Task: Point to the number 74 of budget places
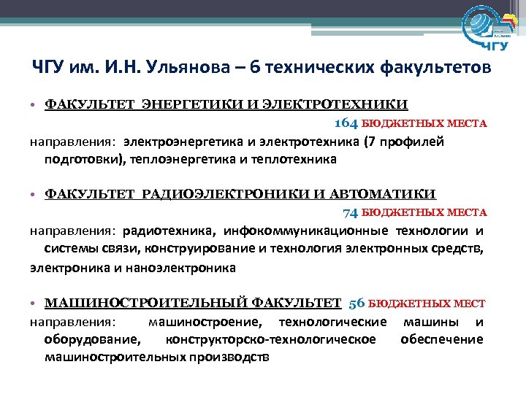[x=351, y=212]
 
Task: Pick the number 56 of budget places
[x=357, y=303]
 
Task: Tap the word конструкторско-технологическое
[x=271, y=339]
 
